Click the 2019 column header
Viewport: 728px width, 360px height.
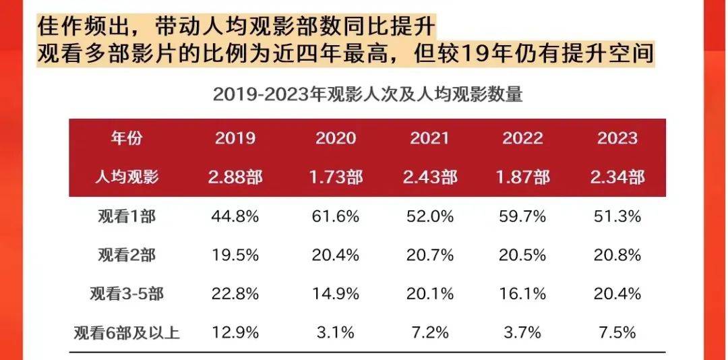click(x=235, y=138)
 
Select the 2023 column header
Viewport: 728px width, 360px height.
click(x=617, y=138)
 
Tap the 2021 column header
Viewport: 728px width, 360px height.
click(x=429, y=138)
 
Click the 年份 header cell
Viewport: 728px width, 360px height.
click(x=127, y=138)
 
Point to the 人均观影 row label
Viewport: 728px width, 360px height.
click(x=127, y=177)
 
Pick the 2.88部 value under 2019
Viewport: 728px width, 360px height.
click(x=235, y=177)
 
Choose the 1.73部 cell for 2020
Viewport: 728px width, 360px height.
click(x=336, y=177)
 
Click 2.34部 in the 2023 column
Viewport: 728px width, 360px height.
click(x=617, y=177)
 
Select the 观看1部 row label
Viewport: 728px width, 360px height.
click(x=127, y=216)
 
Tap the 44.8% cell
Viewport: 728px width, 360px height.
click(x=235, y=216)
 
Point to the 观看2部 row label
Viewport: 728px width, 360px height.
click(x=127, y=255)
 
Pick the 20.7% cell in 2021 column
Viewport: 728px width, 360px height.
click(x=429, y=255)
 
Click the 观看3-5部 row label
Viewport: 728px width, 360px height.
click(x=127, y=293)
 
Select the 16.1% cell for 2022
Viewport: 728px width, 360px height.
click(x=522, y=293)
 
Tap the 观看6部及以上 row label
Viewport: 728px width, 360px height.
click(x=127, y=332)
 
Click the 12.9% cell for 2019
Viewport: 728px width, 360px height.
click(x=235, y=332)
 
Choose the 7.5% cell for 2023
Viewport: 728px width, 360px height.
click(x=617, y=332)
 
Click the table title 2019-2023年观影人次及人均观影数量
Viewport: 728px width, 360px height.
click(x=368, y=95)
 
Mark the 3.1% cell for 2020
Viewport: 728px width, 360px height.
click(x=336, y=332)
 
